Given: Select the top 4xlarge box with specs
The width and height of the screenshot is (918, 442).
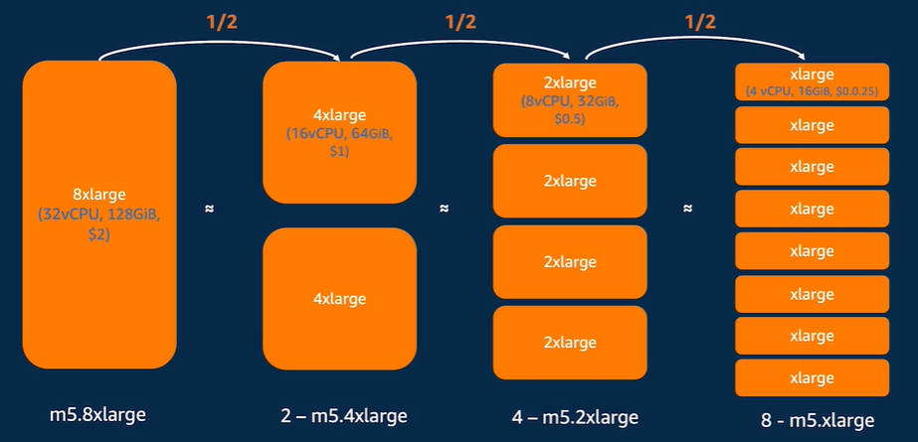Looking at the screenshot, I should click(339, 132).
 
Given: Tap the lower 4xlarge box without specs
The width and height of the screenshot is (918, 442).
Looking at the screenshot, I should click(339, 299).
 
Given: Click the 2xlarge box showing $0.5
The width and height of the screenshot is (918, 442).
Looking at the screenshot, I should click(570, 99).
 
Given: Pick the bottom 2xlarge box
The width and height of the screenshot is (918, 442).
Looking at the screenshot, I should click(570, 342).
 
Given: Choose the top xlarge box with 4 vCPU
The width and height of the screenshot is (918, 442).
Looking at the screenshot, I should click(811, 82).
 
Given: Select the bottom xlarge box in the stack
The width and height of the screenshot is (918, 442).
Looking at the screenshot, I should click(811, 377).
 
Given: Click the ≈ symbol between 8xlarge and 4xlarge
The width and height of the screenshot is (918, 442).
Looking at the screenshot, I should click(208, 210).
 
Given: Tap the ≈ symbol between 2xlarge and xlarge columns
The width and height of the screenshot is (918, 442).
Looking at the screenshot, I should click(688, 210).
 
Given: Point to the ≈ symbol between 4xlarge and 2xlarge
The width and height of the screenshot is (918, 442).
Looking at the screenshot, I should click(445, 210).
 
